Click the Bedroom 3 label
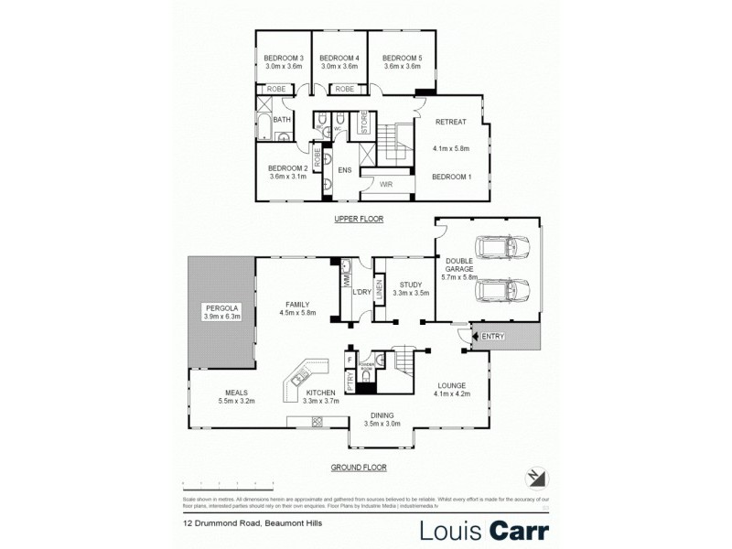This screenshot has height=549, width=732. (x=284, y=58)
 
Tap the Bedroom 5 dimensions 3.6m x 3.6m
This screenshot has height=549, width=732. (x=402, y=66)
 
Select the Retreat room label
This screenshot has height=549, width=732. (x=451, y=122)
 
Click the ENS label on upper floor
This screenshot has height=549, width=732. (x=345, y=170)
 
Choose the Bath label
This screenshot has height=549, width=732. (x=282, y=120)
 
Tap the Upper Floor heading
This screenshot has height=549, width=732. (x=359, y=220)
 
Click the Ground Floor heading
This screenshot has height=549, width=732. (x=359, y=467)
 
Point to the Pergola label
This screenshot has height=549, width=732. (x=221, y=308)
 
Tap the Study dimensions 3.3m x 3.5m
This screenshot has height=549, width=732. (x=410, y=294)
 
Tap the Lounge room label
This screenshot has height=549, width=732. (x=451, y=385)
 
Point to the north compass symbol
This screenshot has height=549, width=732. (x=537, y=477)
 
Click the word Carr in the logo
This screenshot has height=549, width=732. (x=517, y=530)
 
